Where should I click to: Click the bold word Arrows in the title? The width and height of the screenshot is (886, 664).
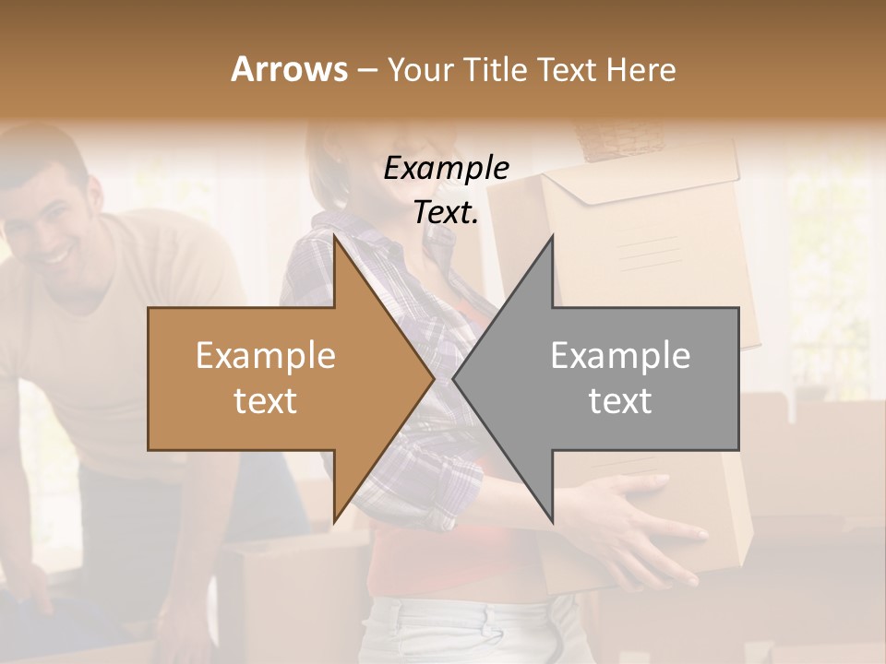289,69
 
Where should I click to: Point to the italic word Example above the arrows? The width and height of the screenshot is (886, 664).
446,169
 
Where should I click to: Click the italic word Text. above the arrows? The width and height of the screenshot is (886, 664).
446,212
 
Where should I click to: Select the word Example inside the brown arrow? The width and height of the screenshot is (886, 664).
266,356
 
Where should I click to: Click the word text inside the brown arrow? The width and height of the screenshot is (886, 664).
266,400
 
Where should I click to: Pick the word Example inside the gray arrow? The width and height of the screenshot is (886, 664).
620,356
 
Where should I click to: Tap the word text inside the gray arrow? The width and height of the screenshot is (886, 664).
620,400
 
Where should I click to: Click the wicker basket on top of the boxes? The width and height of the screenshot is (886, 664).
620,138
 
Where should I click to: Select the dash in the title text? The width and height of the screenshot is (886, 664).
365,70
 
